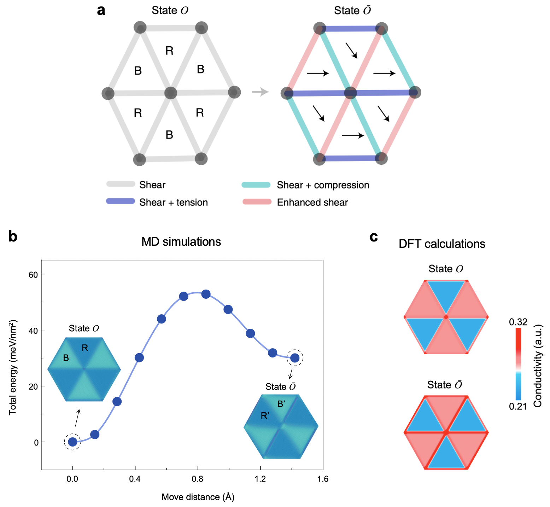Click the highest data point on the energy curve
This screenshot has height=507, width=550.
(x=206, y=294)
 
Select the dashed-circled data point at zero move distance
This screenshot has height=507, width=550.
(x=72, y=442)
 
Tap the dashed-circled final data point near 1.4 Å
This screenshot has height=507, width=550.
(x=295, y=358)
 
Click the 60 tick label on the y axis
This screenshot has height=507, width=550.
(x=33, y=275)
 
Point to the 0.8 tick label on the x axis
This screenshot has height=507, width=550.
(x=198, y=479)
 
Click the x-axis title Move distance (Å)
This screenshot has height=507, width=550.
(x=198, y=497)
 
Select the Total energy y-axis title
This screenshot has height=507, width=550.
(x=13, y=368)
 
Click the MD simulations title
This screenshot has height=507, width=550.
(x=181, y=242)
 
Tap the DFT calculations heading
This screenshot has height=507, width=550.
(x=442, y=244)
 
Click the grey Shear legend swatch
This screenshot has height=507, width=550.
(x=121, y=184)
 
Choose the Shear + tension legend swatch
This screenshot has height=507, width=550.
(x=121, y=202)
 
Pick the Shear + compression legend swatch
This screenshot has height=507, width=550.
(x=256, y=185)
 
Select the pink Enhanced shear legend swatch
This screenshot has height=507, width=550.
(x=257, y=202)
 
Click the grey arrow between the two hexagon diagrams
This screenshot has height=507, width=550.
(x=260, y=92)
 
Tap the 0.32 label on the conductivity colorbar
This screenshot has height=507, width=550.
(x=518, y=322)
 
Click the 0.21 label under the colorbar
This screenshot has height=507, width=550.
(x=518, y=407)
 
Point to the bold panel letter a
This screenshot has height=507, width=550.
(x=101, y=11)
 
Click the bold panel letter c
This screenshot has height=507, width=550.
(x=374, y=237)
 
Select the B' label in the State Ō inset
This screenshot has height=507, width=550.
(x=281, y=404)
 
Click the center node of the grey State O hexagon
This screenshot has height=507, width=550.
(x=171, y=93)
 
